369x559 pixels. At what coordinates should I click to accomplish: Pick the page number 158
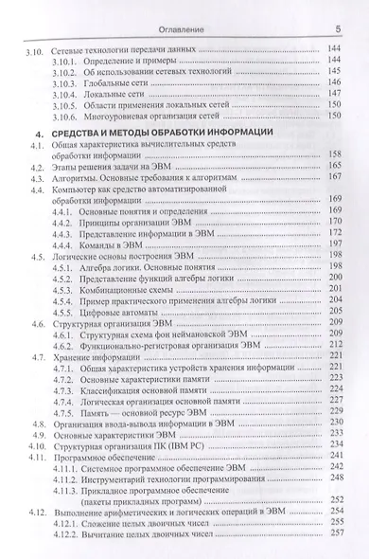(x=333, y=154)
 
